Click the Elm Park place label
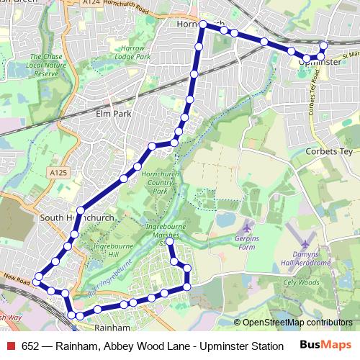(111, 113)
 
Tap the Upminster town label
(318, 63)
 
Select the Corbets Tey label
(325, 152)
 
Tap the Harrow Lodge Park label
(132, 52)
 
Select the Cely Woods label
(301, 282)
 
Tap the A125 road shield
(58, 173)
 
